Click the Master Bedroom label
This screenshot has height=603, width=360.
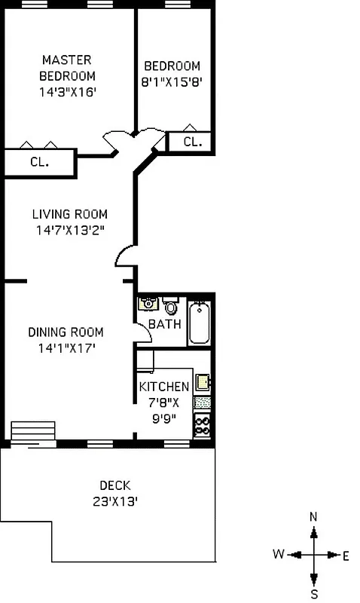coord(68,68)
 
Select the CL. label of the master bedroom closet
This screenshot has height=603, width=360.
coord(39,161)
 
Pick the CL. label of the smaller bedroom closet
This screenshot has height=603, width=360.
coord(192,142)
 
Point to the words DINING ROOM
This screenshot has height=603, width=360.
coord(66,332)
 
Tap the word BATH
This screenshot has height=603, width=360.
coord(164,324)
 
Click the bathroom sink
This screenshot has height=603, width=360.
coord(147,305)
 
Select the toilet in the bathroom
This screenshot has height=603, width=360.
coord(171,306)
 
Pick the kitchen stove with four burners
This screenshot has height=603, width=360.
coord(203,426)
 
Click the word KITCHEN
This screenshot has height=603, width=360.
coord(164,387)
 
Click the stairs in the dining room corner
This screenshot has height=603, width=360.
coord(27,431)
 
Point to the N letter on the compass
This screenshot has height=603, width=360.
coord(314,516)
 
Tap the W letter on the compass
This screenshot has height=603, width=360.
coord(279,555)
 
